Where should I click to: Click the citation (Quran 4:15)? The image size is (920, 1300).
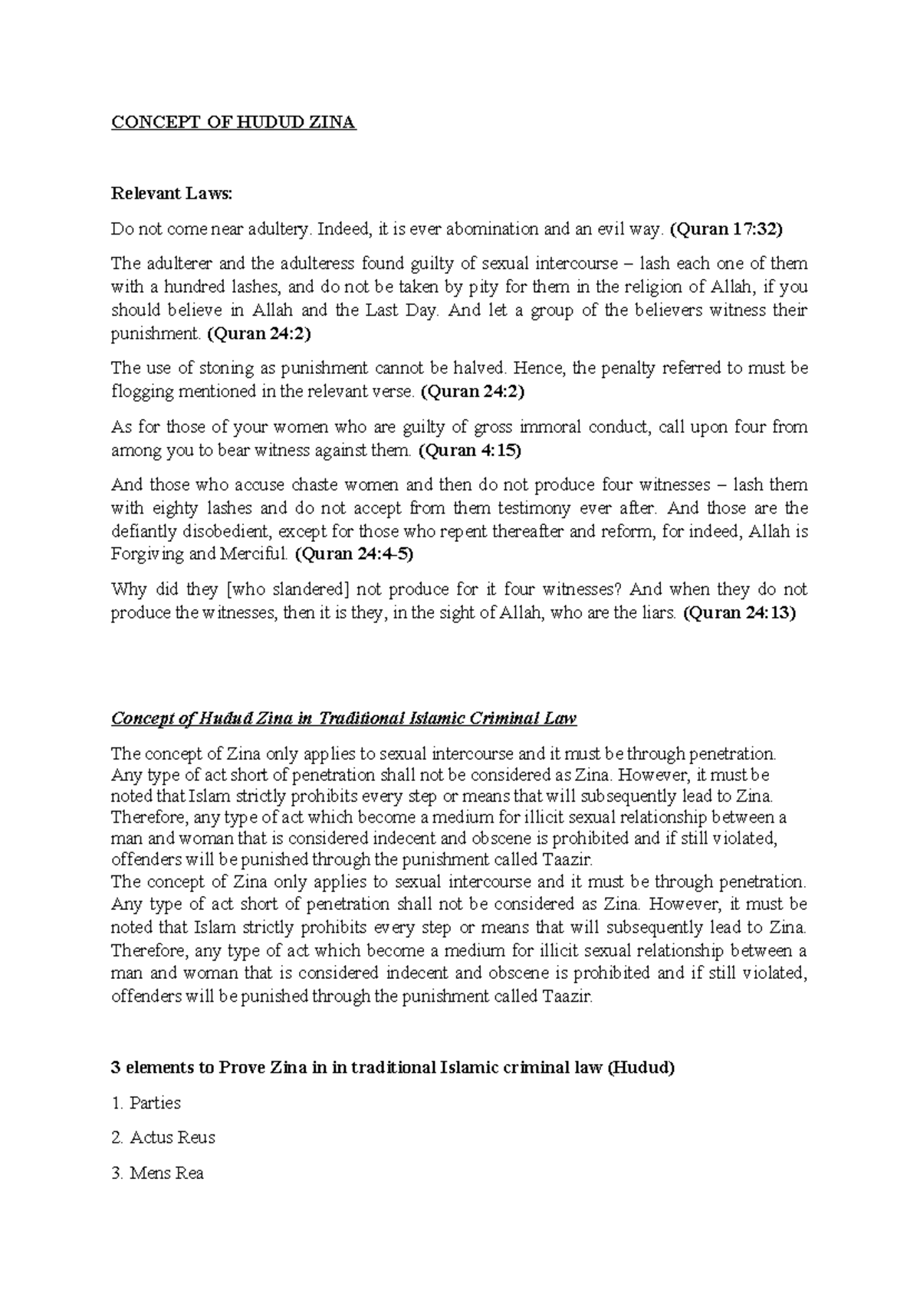[469, 450]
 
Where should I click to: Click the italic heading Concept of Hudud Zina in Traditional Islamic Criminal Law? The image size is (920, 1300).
[343, 718]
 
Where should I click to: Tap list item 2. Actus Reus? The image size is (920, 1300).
[163, 1137]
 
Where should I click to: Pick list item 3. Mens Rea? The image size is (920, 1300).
[157, 1173]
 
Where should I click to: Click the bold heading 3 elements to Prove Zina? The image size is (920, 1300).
[393, 1068]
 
